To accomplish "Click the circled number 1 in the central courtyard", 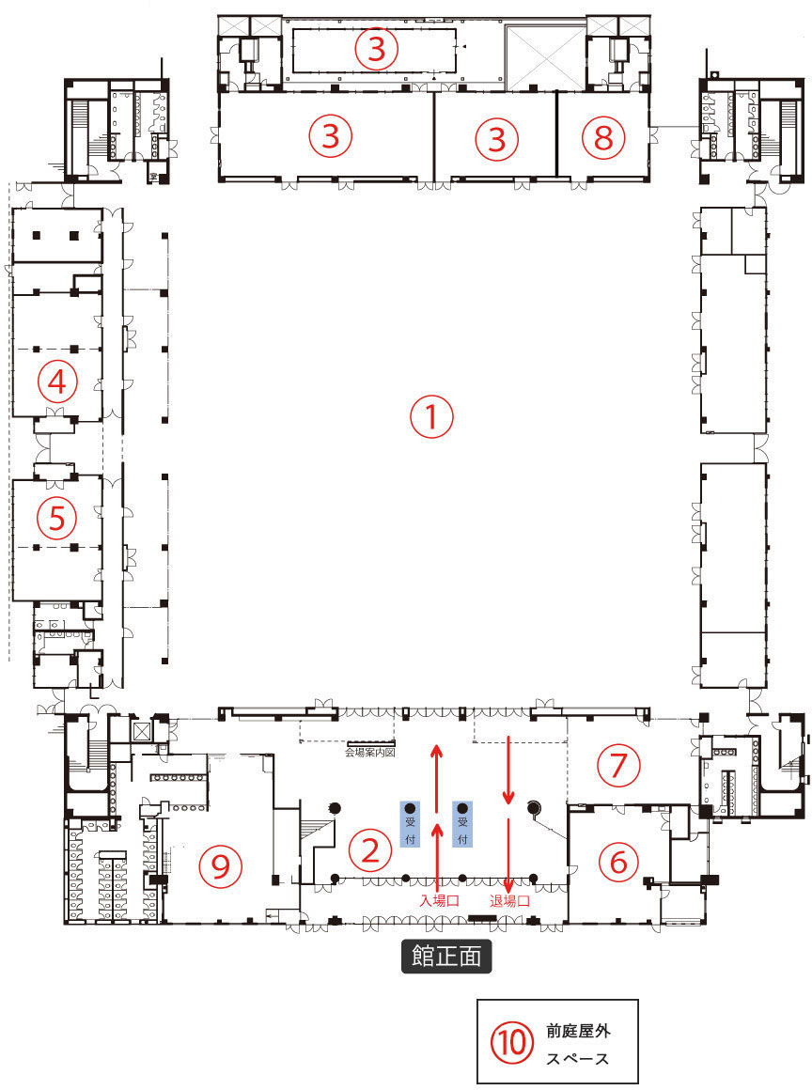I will click(431, 417).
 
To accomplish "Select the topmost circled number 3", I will click(376, 48).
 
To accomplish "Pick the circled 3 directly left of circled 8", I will click(497, 139).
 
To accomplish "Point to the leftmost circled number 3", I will click(330, 137).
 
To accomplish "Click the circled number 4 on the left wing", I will click(57, 381).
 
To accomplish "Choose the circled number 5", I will click(57, 518).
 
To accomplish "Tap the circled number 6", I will click(617, 861).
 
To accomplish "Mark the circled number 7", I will click(617, 765).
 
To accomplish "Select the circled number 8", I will click(602, 138).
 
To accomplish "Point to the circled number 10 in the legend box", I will click(512, 1041).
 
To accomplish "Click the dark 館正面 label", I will click(446, 956).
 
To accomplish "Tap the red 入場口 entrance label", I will click(439, 900).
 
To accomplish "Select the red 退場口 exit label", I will click(509, 900).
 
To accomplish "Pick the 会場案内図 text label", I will click(373, 753).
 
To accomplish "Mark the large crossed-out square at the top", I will click(546, 56).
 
